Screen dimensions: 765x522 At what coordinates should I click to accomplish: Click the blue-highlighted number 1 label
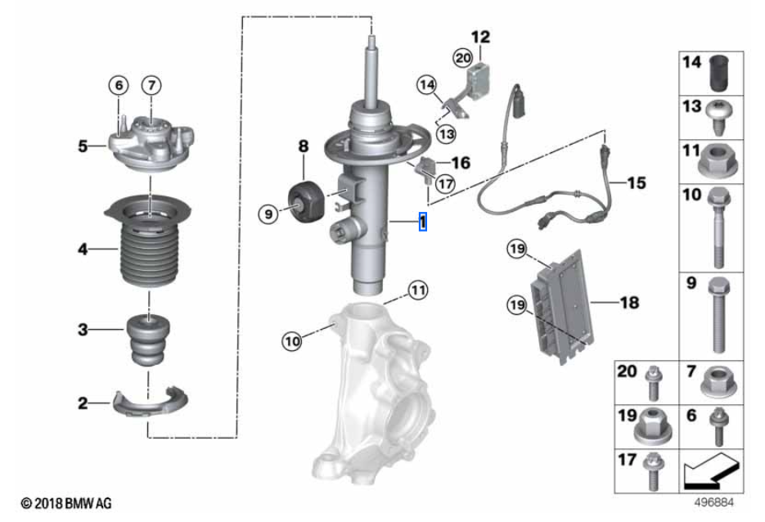click(423, 222)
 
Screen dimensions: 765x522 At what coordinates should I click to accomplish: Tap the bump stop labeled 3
click(148, 340)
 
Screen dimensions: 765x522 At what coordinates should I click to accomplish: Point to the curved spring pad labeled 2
click(150, 402)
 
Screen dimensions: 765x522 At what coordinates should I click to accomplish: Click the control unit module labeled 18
click(564, 306)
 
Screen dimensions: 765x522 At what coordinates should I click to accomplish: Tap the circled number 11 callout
click(417, 290)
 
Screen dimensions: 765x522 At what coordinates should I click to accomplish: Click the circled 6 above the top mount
click(119, 85)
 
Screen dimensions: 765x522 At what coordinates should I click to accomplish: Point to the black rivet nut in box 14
click(718, 73)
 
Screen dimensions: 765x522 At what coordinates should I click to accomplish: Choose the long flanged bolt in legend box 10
click(718, 227)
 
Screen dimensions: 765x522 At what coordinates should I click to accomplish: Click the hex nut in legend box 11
click(718, 161)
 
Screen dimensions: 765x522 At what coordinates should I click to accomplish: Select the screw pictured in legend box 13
click(718, 118)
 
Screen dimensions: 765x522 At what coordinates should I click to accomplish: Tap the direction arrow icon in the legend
click(712, 471)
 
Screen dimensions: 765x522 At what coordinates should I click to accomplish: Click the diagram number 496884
click(714, 502)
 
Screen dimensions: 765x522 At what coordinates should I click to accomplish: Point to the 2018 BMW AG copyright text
click(66, 503)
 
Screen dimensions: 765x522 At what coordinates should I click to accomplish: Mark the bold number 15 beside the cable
click(637, 183)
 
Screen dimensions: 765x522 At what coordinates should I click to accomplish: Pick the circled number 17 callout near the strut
click(445, 184)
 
